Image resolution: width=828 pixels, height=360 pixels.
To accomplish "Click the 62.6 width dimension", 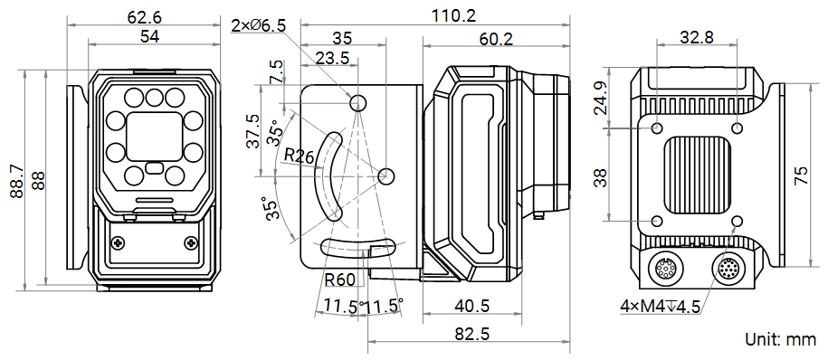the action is pyautogui.click(x=144, y=17).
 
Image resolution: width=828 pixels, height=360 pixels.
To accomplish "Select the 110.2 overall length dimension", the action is pyautogui.click(x=454, y=16).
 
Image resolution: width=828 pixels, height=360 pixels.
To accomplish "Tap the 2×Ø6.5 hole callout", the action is pyautogui.click(x=259, y=24).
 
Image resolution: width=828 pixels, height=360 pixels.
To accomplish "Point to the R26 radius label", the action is pyautogui.click(x=299, y=156).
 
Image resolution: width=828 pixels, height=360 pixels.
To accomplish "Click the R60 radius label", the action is pyautogui.click(x=339, y=279).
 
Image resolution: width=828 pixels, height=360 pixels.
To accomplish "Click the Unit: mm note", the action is pyautogui.click(x=780, y=339).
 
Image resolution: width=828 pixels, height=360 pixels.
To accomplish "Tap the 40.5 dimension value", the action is pyautogui.click(x=472, y=306).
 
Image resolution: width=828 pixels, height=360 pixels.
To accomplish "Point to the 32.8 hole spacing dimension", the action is pyautogui.click(x=697, y=37).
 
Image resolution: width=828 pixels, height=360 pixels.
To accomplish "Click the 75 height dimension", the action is pyautogui.click(x=801, y=175).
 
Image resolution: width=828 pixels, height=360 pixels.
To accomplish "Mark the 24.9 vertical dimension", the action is pyautogui.click(x=600, y=99).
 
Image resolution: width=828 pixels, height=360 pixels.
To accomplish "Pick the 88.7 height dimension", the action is pyautogui.click(x=17, y=181).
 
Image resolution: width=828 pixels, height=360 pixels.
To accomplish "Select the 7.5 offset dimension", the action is pyautogui.click(x=276, y=71).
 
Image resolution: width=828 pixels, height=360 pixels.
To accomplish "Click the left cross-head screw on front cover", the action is pyautogui.click(x=118, y=242).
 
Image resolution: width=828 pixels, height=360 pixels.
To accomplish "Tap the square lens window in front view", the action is pyautogui.click(x=154, y=137).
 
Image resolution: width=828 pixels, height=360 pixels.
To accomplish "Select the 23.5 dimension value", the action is pyautogui.click(x=332, y=58).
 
